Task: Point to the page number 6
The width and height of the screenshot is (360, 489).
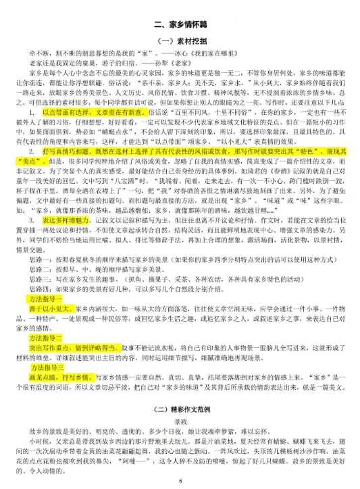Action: pos(180,481)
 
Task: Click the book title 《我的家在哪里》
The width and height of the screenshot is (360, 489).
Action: pos(157,53)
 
